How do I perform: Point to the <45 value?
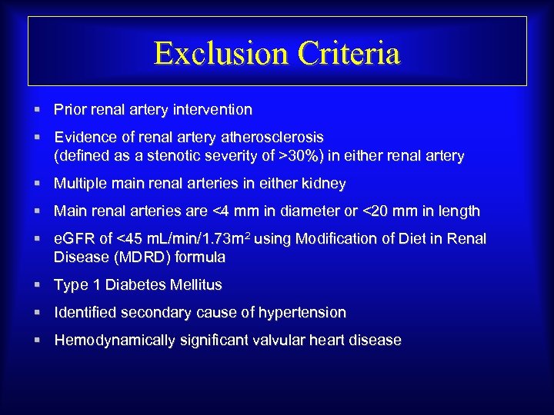tap(129, 239)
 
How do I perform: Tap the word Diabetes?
tap(135, 285)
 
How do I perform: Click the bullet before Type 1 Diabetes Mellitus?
tap(37, 285)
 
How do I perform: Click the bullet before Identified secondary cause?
tap(37, 313)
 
